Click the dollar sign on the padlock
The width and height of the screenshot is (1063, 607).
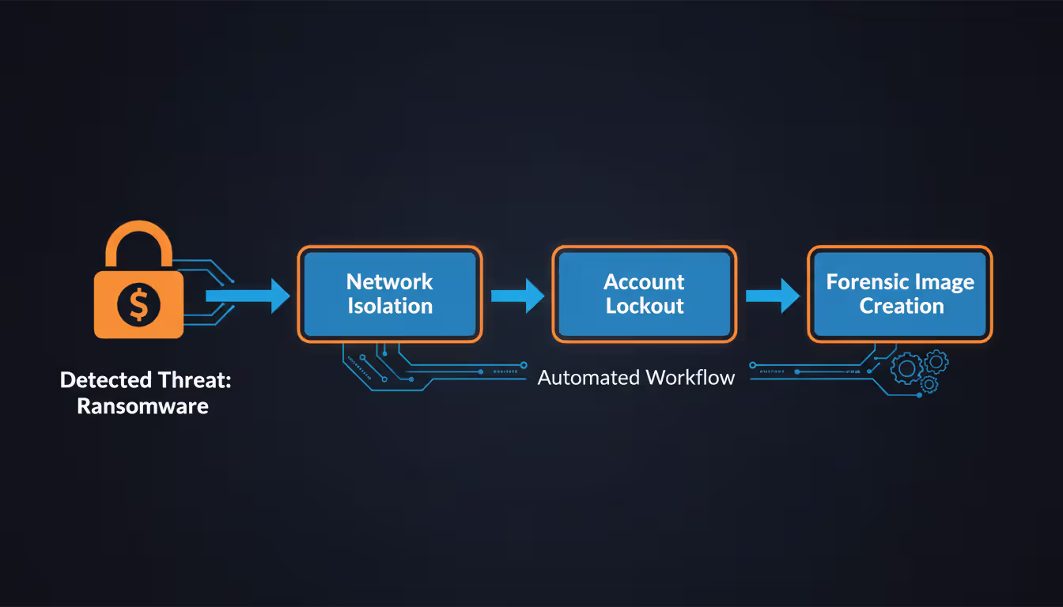(138, 304)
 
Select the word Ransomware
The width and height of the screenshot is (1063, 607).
(142, 406)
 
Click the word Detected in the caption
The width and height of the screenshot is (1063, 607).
(106, 380)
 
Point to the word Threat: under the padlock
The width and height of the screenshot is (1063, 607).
(198, 380)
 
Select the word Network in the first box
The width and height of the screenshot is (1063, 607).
(390, 282)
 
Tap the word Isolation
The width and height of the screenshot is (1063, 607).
(390, 307)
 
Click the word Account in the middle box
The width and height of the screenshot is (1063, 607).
(644, 282)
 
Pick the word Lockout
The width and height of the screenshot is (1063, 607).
(644, 307)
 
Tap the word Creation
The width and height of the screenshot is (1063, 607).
(901, 307)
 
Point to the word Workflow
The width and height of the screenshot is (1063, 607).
(690, 378)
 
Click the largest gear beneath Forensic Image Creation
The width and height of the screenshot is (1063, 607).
(907, 368)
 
